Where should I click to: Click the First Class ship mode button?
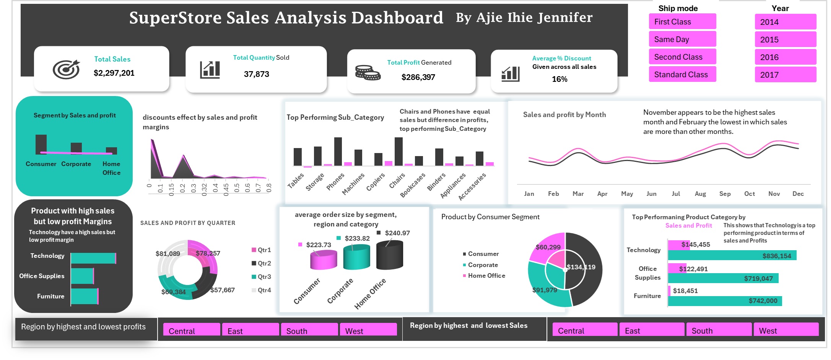tap(682, 22)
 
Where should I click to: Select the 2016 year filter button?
tap(785, 57)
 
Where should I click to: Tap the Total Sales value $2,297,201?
tap(114, 73)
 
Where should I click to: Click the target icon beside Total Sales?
tap(66, 69)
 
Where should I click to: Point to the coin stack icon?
tap(367, 72)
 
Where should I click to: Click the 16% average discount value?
tap(559, 79)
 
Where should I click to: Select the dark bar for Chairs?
tap(398, 151)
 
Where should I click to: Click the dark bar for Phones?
tap(338, 151)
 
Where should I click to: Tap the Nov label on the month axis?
tap(774, 194)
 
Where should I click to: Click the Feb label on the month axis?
tap(553, 194)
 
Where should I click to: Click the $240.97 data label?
tap(397, 233)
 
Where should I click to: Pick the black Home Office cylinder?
tap(390, 255)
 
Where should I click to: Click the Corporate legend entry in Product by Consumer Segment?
tap(483, 265)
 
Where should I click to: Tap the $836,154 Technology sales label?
tap(776, 256)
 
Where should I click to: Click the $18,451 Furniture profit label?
tap(685, 291)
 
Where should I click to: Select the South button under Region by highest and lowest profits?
tap(309, 331)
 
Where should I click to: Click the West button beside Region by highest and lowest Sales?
tap(785, 331)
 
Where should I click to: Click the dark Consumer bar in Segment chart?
tap(41, 144)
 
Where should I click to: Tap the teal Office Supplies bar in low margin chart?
tap(82, 276)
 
